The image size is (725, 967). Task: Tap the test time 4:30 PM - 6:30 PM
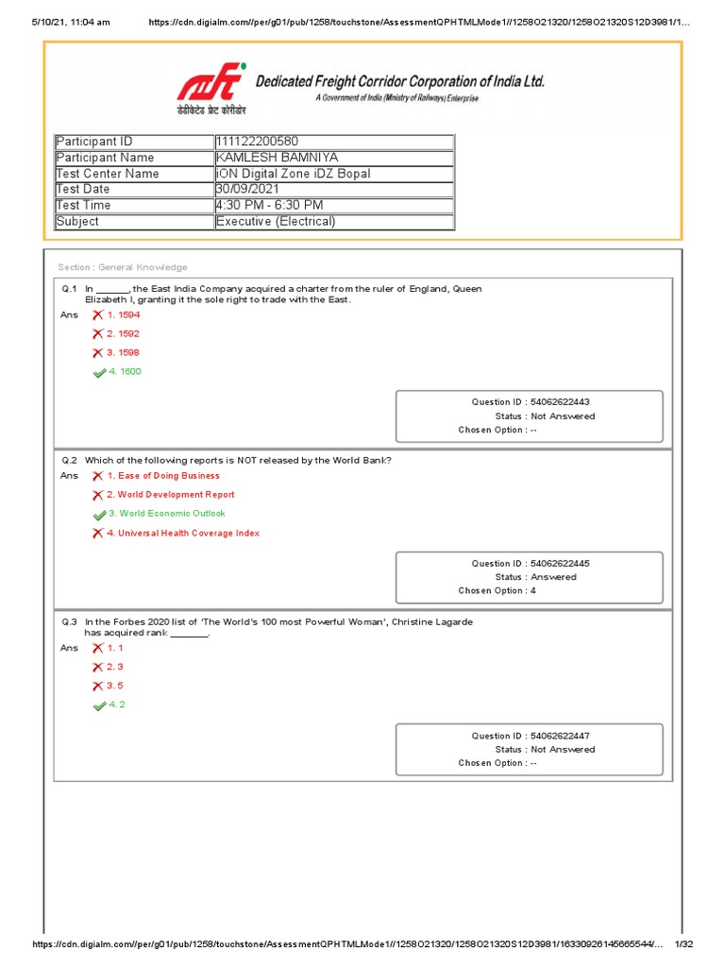(x=269, y=206)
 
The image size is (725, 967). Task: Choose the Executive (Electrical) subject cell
(x=276, y=222)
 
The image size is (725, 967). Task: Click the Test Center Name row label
(x=108, y=174)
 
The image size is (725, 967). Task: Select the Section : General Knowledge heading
(x=123, y=267)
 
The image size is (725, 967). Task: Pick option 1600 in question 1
(x=124, y=372)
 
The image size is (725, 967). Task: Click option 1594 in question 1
(x=123, y=315)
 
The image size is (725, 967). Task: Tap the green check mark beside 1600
(x=98, y=373)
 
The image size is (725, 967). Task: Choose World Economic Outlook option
(x=166, y=514)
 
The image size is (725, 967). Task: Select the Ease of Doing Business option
(x=162, y=476)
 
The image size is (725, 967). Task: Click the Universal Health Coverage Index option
(x=183, y=534)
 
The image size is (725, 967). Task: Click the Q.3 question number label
(x=70, y=622)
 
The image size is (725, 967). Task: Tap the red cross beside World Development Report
(x=97, y=496)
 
